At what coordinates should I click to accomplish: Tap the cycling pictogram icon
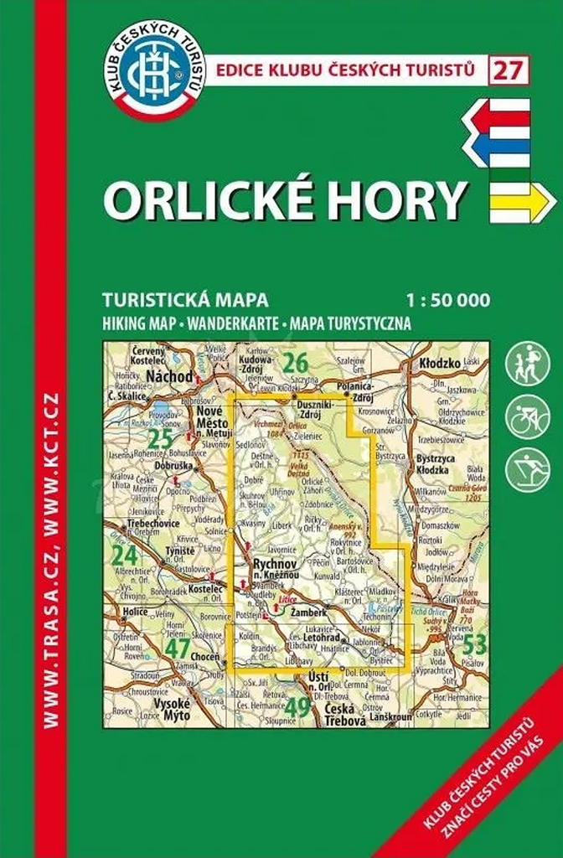point(527,417)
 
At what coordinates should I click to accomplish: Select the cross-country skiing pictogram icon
point(527,470)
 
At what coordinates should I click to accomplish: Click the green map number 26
point(294,363)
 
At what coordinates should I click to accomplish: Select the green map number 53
point(474,643)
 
